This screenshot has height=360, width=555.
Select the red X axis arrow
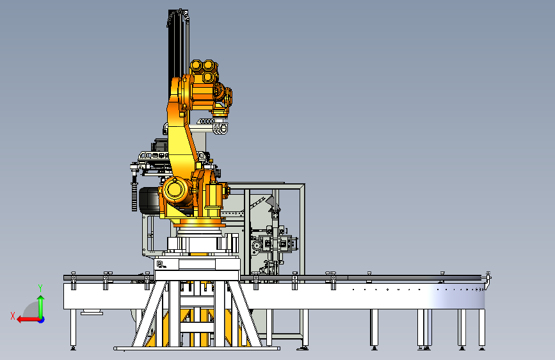(28, 320)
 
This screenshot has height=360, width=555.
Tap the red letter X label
(13, 316)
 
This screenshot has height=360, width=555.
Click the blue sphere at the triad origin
(42, 320)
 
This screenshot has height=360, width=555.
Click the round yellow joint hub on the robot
(175, 190)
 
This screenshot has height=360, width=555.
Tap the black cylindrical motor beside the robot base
(149, 200)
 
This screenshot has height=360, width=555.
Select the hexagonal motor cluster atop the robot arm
(204, 71)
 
